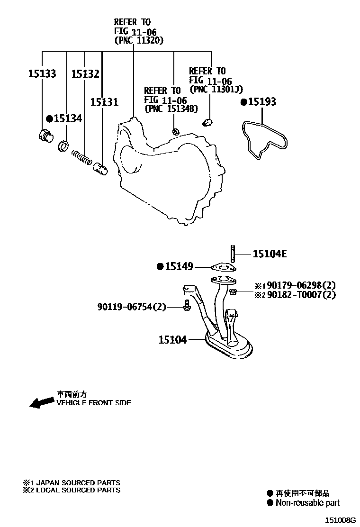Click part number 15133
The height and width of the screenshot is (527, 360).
click(x=42, y=74)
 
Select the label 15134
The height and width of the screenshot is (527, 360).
click(x=67, y=118)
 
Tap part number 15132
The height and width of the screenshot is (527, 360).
click(x=85, y=74)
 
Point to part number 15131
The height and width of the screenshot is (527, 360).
click(x=104, y=102)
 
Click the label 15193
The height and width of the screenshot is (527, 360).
click(x=261, y=102)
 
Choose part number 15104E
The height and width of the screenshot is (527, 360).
click(x=270, y=254)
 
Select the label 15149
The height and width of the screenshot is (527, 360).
click(x=179, y=267)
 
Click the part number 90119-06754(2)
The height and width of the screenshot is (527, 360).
click(x=132, y=307)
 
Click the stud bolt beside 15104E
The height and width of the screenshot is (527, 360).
click(x=233, y=254)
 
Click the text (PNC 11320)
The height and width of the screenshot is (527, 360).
click(x=139, y=41)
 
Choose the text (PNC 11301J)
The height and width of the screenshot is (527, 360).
click(x=216, y=89)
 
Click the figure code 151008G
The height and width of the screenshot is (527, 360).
click(x=340, y=520)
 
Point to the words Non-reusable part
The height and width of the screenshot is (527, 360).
click(x=308, y=503)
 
